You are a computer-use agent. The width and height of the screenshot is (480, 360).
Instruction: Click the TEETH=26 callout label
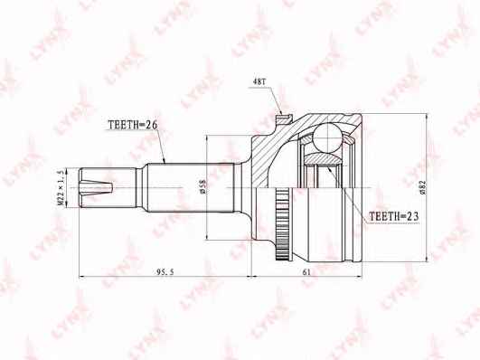133,125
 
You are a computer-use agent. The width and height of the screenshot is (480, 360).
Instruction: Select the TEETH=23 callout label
393,216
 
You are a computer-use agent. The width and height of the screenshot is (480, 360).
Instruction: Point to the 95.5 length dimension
165,271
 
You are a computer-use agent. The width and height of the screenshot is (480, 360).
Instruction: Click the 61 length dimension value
306,271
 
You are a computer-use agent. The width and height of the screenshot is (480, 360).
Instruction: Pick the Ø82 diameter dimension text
423,187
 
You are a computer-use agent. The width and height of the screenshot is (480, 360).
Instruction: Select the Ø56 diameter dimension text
203,186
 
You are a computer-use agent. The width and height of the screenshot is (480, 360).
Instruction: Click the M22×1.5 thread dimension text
61,188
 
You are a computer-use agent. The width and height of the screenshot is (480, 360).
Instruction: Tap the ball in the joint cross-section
327,137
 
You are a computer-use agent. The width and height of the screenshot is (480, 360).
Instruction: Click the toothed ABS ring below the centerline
282,224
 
